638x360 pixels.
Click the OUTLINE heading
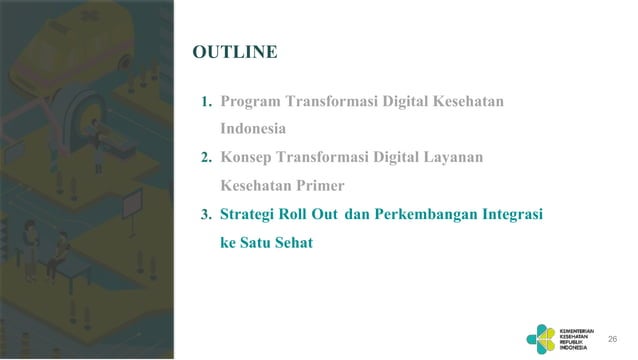[x=235, y=52]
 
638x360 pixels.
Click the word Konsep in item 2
[x=247, y=158]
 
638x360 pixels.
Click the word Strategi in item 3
[x=251, y=214]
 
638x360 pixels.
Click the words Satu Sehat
[x=276, y=241]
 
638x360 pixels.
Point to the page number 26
[x=613, y=340]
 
